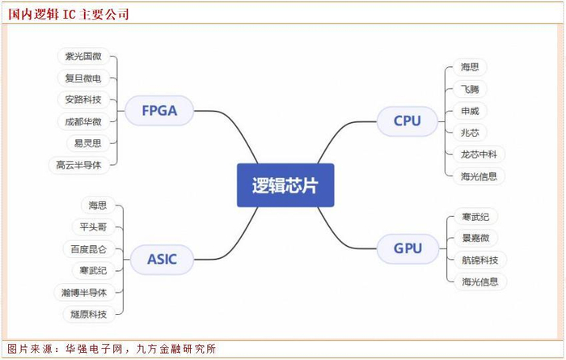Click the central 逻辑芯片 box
pos(285,185)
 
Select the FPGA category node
pos(159,111)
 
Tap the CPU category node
pos(408,121)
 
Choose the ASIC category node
pos(162,259)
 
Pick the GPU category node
pos(408,248)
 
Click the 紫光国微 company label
pos(83,57)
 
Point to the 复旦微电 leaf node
pos(83,78)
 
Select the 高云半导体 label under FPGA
pos(78,165)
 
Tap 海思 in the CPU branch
pos(470,67)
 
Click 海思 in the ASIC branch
pos(98,205)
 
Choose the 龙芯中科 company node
pos(479,155)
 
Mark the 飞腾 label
pos(470,89)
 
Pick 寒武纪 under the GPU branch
pos(475,217)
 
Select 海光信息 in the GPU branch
pos(480,282)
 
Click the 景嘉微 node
pos(475,238)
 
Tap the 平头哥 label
pos(94,227)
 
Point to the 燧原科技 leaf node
pos(89,314)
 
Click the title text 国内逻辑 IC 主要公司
pos(69,14)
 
